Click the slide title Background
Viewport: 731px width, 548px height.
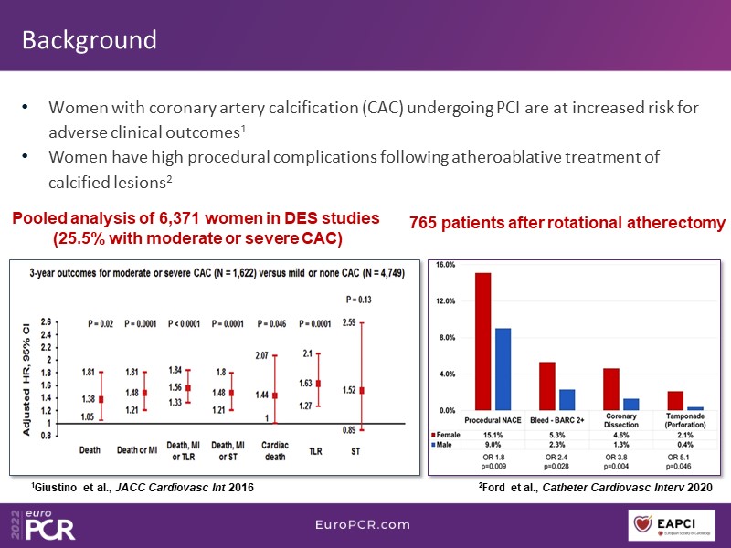tap(89, 40)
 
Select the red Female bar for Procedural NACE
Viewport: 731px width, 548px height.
tap(482, 342)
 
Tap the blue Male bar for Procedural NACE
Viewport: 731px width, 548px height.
tap(501, 369)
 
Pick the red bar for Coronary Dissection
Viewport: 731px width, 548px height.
tap(611, 389)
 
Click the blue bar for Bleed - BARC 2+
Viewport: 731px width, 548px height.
tap(566, 400)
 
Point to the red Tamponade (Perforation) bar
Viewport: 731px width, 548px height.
tap(675, 400)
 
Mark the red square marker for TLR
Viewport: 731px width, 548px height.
tap(317, 384)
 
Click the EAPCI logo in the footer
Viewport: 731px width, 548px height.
tap(676, 524)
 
